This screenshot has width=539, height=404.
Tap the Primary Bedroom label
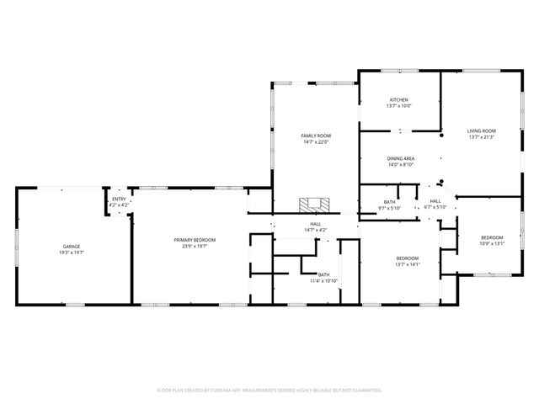click(195, 240)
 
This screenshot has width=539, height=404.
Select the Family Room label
click(317, 136)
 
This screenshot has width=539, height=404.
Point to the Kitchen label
click(398, 100)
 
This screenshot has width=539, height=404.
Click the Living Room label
click(482, 130)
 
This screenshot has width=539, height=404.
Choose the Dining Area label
click(401, 158)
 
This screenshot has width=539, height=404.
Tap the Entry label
click(119, 199)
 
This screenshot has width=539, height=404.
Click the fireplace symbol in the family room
click(316, 204)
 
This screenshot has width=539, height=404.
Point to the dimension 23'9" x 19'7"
click(195, 247)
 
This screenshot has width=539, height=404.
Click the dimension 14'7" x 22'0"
click(317, 142)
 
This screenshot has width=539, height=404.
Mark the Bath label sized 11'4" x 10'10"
click(324, 274)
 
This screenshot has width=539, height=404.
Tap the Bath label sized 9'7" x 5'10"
click(390, 202)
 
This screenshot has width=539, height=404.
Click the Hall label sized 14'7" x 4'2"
click(315, 224)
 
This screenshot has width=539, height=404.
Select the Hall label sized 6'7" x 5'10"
click(435, 201)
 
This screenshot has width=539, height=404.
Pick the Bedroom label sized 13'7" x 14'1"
click(407, 258)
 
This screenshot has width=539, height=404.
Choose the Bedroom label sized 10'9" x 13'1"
click(492, 237)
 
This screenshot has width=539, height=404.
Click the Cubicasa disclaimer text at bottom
click(269, 390)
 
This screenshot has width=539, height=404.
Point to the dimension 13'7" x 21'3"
click(482, 137)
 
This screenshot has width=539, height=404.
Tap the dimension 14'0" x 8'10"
click(401, 165)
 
